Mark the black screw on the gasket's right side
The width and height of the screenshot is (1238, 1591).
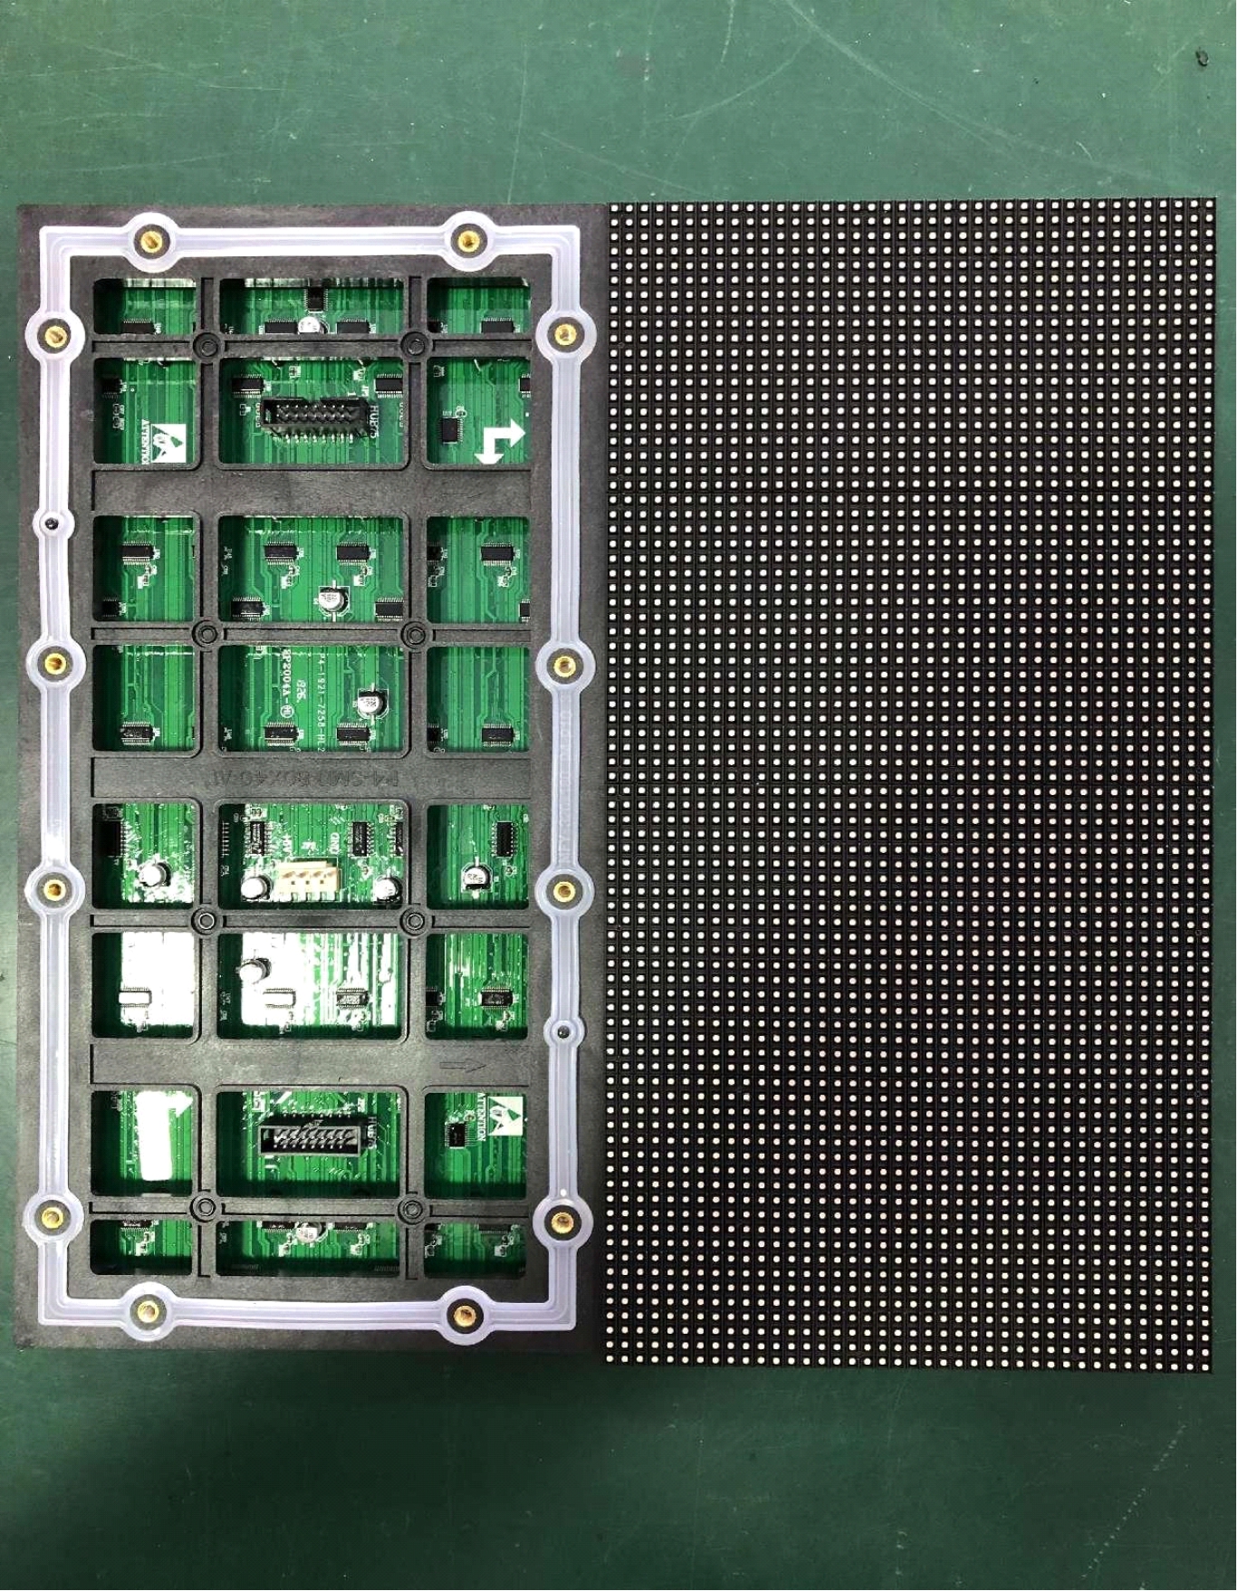tap(563, 1030)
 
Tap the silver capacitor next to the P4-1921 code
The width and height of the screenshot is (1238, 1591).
tap(369, 702)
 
